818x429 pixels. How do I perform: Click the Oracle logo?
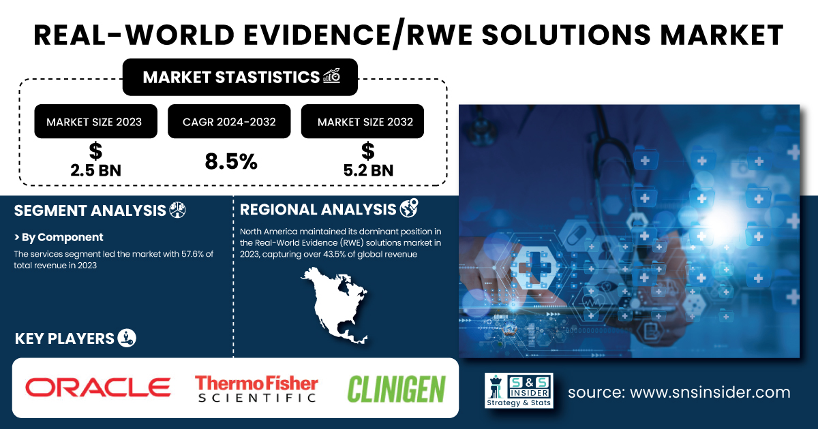(x=97, y=387)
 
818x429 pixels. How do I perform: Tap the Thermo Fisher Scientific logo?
(x=256, y=389)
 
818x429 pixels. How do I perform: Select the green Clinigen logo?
(x=396, y=390)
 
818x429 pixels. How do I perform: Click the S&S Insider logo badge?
(x=519, y=390)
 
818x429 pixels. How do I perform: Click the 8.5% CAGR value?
(x=231, y=161)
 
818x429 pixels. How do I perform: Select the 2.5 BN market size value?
(x=95, y=170)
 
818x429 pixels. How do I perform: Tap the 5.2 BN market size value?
(x=368, y=170)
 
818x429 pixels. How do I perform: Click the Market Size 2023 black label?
(x=95, y=121)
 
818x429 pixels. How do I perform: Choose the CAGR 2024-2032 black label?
(x=229, y=121)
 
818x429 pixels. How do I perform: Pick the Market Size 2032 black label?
(x=362, y=121)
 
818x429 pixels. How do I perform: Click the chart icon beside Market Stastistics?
(x=332, y=76)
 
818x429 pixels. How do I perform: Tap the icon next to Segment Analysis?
(x=177, y=210)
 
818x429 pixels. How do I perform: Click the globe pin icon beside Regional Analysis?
(x=408, y=208)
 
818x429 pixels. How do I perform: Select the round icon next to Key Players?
(x=127, y=338)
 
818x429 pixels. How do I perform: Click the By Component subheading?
(x=59, y=237)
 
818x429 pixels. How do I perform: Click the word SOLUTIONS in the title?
(x=566, y=35)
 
